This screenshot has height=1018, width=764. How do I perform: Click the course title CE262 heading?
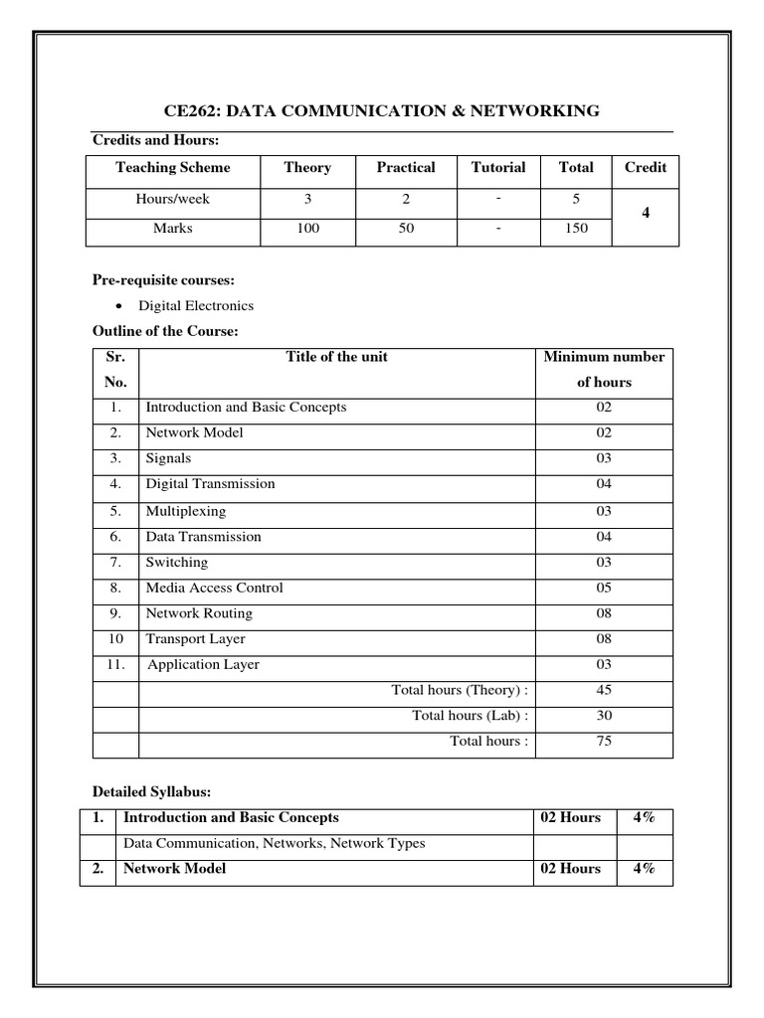pos(381,110)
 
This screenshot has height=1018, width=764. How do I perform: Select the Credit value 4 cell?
pos(645,213)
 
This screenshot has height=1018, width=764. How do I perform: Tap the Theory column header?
pos(307,167)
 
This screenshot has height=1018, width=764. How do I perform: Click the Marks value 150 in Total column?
pos(575,228)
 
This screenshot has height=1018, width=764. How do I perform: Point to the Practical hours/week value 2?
pos(405,198)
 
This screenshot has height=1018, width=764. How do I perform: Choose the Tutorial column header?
pos(497,167)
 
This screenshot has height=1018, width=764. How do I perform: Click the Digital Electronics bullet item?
pos(195,305)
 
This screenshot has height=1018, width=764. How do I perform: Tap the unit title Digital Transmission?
pos(210,484)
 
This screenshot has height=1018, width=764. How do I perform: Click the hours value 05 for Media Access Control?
pos(604,588)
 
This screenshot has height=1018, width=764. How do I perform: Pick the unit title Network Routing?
pos(199,613)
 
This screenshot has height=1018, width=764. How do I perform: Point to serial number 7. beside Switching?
pos(115,562)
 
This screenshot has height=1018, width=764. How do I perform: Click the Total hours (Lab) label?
pos(471,716)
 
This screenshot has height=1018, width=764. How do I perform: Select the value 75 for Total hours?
pos(604,741)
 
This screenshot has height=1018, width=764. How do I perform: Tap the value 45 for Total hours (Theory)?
pos(604,690)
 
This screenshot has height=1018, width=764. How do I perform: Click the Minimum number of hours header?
pos(604,369)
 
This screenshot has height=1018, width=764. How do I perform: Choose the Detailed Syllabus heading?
pos(151,791)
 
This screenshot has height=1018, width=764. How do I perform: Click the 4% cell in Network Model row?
pos(644,869)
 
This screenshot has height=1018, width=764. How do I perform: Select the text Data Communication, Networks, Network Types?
pos(274,843)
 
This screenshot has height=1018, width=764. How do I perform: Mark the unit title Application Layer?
pos(203,665)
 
